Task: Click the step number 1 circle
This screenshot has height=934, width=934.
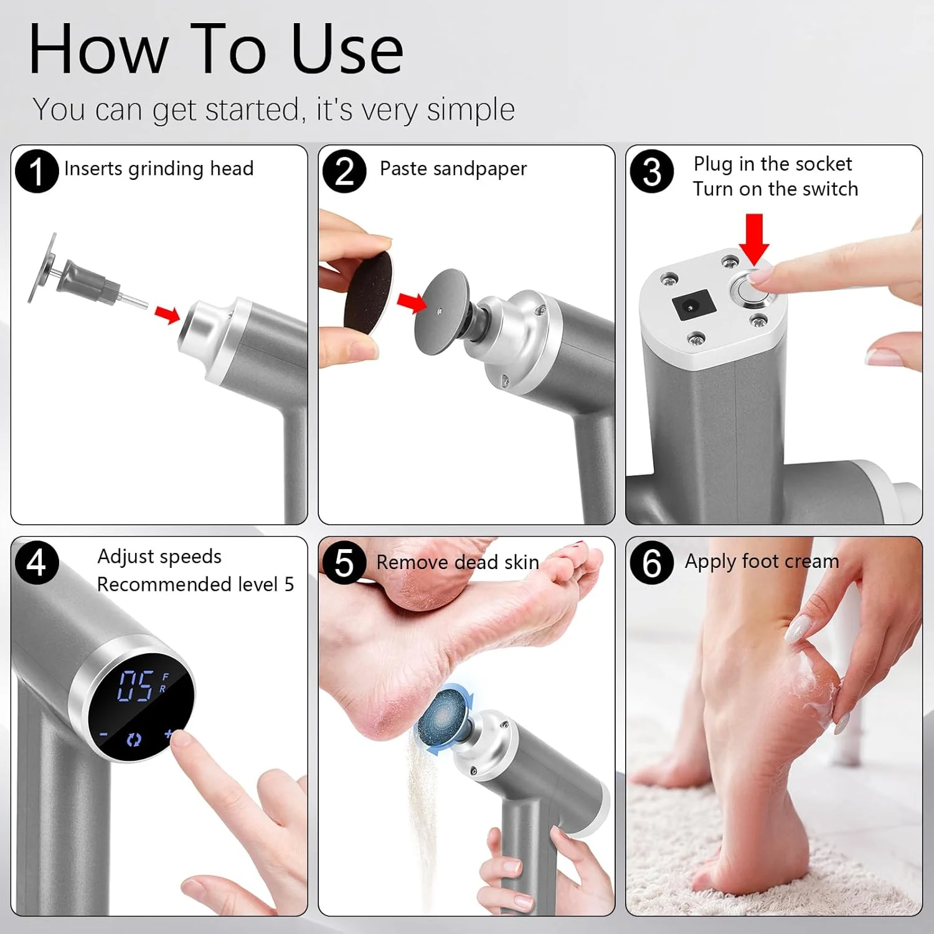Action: point(37,171)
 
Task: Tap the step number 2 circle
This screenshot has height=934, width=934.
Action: point(344,171)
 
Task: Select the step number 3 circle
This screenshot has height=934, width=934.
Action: point(652,171)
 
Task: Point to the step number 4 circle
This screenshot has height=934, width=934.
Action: point(37,562)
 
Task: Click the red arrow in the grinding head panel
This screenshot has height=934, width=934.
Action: point(167,314)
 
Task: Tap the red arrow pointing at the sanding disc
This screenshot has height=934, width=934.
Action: point(412,303)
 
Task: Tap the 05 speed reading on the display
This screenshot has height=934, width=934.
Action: point(136,686)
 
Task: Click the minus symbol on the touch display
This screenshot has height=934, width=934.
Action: point(104,735)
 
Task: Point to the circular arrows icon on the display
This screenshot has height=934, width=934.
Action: point(134,740)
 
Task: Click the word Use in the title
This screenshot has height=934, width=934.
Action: point(347,49)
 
